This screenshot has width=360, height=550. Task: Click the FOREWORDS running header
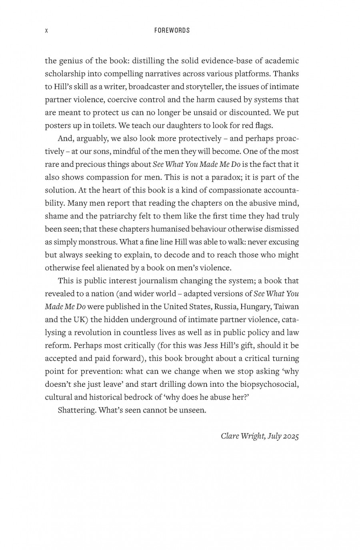[172, 30]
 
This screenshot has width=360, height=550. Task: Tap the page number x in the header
[46, 30]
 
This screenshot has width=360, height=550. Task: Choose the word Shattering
[77, 410]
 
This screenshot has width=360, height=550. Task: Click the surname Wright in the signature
[252, 436]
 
